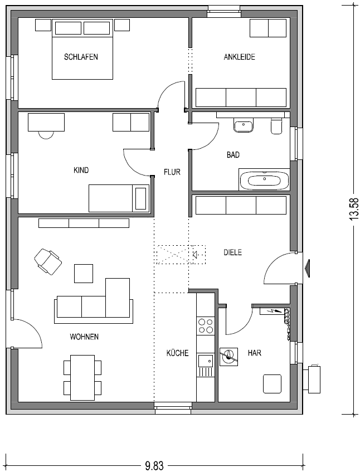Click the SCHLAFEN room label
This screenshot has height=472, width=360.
click(81, 57)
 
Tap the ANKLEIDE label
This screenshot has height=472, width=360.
click(239, 57)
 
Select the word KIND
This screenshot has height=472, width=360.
click(81, 170)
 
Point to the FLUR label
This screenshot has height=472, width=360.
click(172, 172)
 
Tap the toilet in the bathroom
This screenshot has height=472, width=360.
click(276, 126)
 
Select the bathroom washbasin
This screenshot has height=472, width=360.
click(244, 125)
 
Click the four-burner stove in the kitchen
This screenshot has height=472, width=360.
click(205, 325)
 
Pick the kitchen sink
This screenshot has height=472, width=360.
click(205, 361)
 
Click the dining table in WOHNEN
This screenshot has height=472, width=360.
click(82, 376)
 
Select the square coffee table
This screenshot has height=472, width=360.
click(84, 273)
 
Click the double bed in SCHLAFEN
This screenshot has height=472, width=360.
click(82, 50)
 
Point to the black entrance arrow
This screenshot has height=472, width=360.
click(308, 268)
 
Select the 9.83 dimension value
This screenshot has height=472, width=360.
click(154, 466)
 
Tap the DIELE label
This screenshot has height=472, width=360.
click(233, 252)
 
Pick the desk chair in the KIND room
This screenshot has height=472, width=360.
click(46, 134)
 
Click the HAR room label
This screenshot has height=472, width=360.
click(254, 353)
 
